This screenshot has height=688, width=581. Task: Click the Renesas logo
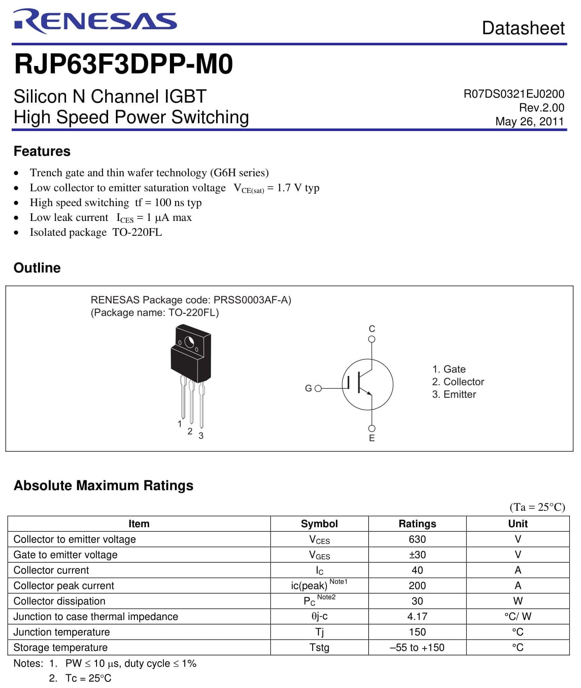tap(95, 21)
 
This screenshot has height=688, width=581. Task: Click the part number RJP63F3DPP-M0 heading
tap(124, 64)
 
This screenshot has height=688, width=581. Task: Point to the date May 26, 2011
tap(529, 122)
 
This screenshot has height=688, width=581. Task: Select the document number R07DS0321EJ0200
tap(514, 94)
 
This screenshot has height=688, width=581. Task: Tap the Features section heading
tap(42, 151)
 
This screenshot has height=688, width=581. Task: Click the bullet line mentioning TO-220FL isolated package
tap(96, 232)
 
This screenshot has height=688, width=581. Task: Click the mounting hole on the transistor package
tap(189, 342)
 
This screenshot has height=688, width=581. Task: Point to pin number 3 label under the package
tap(201, 436)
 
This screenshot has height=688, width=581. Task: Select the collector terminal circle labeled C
tap(372, 339)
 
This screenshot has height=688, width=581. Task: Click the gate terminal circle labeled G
tap(318, 388)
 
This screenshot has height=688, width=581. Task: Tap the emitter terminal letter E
tap(372, 438)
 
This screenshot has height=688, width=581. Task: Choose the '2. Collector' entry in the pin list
tap(458, 382)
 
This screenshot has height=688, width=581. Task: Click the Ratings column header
tap(417, 524)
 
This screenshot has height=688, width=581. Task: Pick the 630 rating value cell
tap(417, 539)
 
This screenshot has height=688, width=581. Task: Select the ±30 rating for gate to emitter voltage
tap(417, 555)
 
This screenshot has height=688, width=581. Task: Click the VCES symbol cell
tap(319, 540)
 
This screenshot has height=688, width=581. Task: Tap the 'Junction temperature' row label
tap(62, 632)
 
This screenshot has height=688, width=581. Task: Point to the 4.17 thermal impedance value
tap(417, 617)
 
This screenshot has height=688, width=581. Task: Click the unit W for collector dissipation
tap(517, 601)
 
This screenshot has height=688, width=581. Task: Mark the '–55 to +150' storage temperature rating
tap(417, 648)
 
